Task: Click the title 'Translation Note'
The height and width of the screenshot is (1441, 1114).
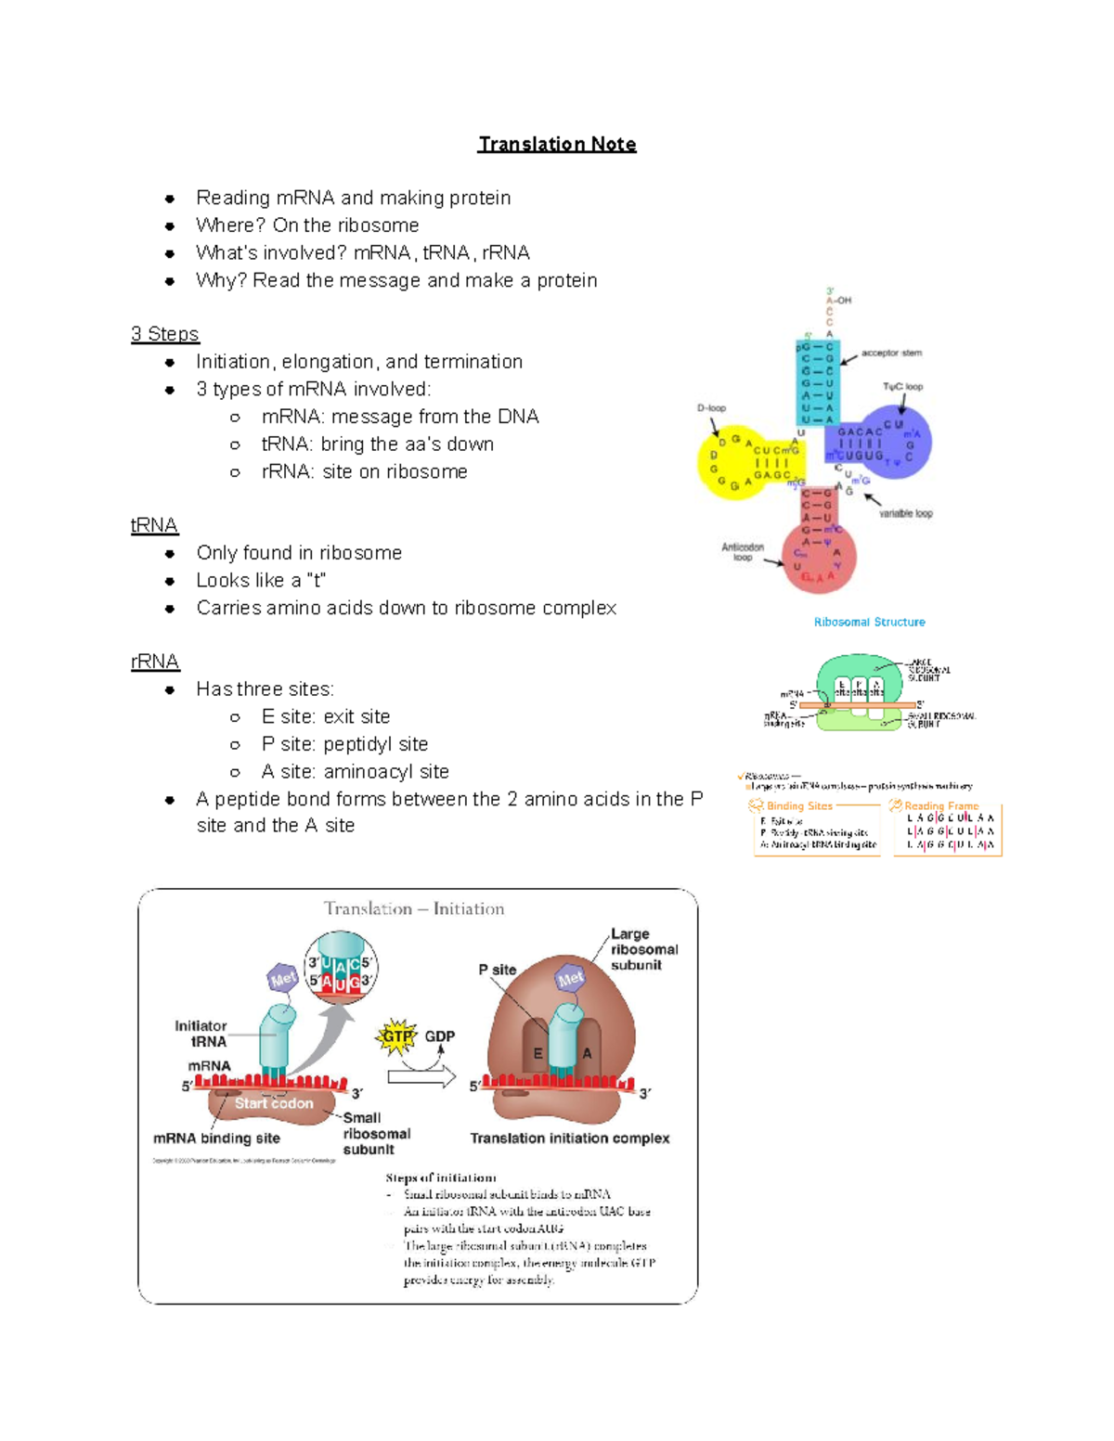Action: click(x=557, y=144)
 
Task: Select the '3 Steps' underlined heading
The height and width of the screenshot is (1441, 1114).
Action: click(x=165, y=334)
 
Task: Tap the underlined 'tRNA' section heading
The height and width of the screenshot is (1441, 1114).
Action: click(x=154, y=525)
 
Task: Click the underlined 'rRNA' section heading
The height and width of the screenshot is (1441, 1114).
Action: click(x=155, y=662)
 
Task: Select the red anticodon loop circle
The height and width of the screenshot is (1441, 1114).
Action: click(x=818, y=559)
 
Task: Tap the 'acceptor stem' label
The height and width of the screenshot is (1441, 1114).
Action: click(x=891, y=353)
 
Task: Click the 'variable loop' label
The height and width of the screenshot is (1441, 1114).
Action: click(x=905, y=513)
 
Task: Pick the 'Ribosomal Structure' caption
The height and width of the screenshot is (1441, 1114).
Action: click(x=869, y=622)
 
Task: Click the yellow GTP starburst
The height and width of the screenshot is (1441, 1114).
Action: click(x=396, y=1036)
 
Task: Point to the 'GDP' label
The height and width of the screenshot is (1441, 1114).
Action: click(x=440, y=1036)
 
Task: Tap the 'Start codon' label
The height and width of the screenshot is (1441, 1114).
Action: click(x=274, y=1103)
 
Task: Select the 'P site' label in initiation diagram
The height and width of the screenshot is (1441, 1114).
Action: click(x=498, y=970)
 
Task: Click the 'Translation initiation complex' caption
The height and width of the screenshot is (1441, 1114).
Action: click(x=569, y=1139)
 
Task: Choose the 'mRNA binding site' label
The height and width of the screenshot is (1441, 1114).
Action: click(x=216, y=1139)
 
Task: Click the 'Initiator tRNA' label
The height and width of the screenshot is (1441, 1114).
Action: click(x=201, y=1034)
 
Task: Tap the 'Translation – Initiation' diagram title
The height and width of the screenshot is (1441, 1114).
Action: click(x=414, y=909)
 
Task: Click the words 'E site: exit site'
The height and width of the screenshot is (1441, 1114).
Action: click(x=325, y=716)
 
